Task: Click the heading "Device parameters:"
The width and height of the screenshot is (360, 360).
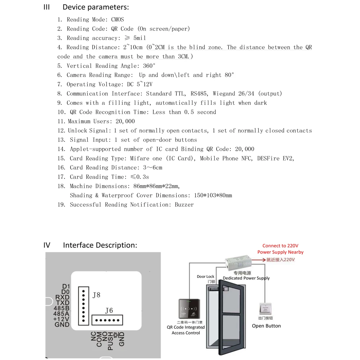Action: tap(95, 7)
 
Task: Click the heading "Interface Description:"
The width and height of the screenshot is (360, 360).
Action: tap(100, 245)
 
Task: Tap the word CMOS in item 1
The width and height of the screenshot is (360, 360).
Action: tap(118, 19)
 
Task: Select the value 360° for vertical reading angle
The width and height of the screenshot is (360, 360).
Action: tap(149, 66)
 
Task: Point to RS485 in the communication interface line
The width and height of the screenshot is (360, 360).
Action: tap(198, 93)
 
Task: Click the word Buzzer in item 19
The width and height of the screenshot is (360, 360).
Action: tap(184, 204)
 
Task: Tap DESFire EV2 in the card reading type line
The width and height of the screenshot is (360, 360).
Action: tap(275, 158)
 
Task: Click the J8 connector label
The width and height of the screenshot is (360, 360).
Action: tap(96, 295)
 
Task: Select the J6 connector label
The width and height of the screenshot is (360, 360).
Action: tap(109, 310)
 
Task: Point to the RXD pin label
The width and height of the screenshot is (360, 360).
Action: tap(62, 298)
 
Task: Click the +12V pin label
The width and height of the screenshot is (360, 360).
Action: tap(62, 319)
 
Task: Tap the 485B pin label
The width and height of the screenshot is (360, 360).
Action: tap(61, 308)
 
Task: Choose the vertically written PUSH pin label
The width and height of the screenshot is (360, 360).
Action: tap(111, 341)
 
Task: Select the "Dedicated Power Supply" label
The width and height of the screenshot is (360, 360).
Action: tap(246, 278)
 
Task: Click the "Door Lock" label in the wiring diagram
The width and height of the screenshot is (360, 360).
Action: tap(206, 276)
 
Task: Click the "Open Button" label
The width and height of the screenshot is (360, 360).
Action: tap(266, 326)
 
